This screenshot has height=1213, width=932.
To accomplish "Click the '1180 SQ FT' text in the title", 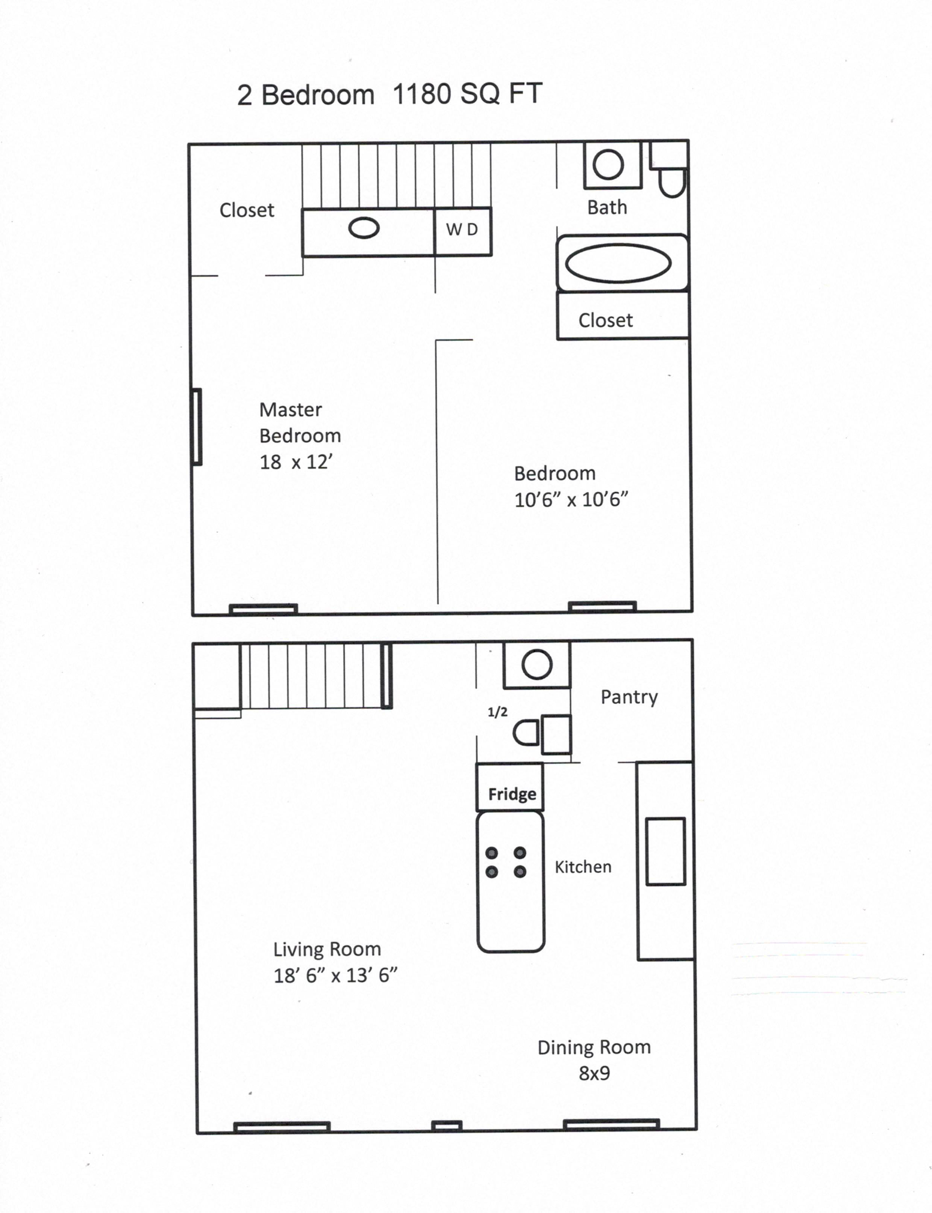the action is click(x=467, y=94).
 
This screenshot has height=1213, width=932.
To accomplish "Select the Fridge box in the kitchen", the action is click(x=510, y=787).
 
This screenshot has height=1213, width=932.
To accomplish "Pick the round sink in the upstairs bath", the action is click(x=608, y=165).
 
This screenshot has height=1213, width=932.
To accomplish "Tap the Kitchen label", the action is click(x=583, y=867).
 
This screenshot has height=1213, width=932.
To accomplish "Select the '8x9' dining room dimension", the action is click(x=594, y=1073).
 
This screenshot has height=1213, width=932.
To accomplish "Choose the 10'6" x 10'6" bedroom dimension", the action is click(x=571, y=500).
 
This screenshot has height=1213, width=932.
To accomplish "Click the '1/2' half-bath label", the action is click(x=498, y=712).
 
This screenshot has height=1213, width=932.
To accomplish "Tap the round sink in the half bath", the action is click(x=536, y=664).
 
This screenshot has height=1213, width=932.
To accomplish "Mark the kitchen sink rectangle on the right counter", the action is click(x=666, y=851).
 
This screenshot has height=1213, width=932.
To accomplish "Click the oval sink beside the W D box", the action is click(x=364, y=228).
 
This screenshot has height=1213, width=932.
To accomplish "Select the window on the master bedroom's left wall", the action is click(x=196, y=426).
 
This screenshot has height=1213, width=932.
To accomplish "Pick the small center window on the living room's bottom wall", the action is click(x=447, y=1125).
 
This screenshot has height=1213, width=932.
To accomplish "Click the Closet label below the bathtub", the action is click(x=605, y=320).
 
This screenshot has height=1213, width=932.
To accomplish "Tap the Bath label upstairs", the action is click(x=608, y=207).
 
